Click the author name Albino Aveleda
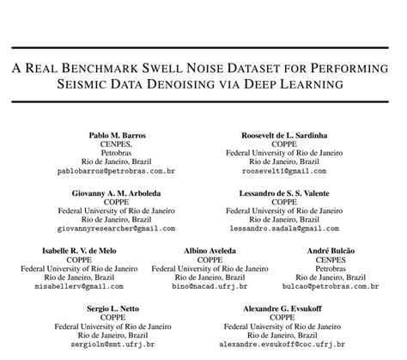pos(210,250)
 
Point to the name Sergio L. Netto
pos(118,307)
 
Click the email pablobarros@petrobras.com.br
pos(118,172)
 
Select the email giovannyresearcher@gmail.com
pos(118,229)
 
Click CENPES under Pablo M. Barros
pos(118,146)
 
